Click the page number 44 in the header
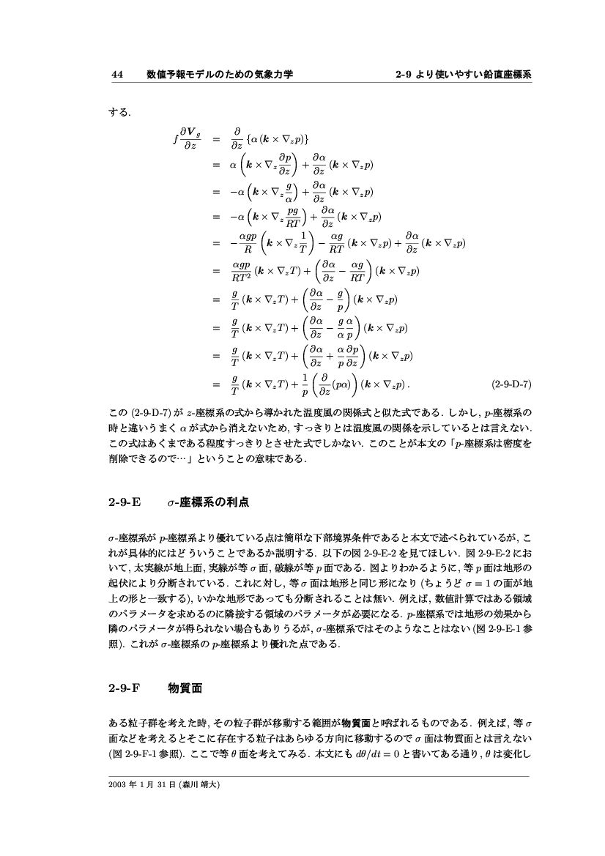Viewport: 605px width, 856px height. [x=116, y=74]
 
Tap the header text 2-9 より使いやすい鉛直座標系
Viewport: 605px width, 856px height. [x=463, y=74]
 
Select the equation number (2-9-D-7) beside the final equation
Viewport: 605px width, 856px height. [x=511, y=383]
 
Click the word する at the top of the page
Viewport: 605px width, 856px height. [x=119, y=113]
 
